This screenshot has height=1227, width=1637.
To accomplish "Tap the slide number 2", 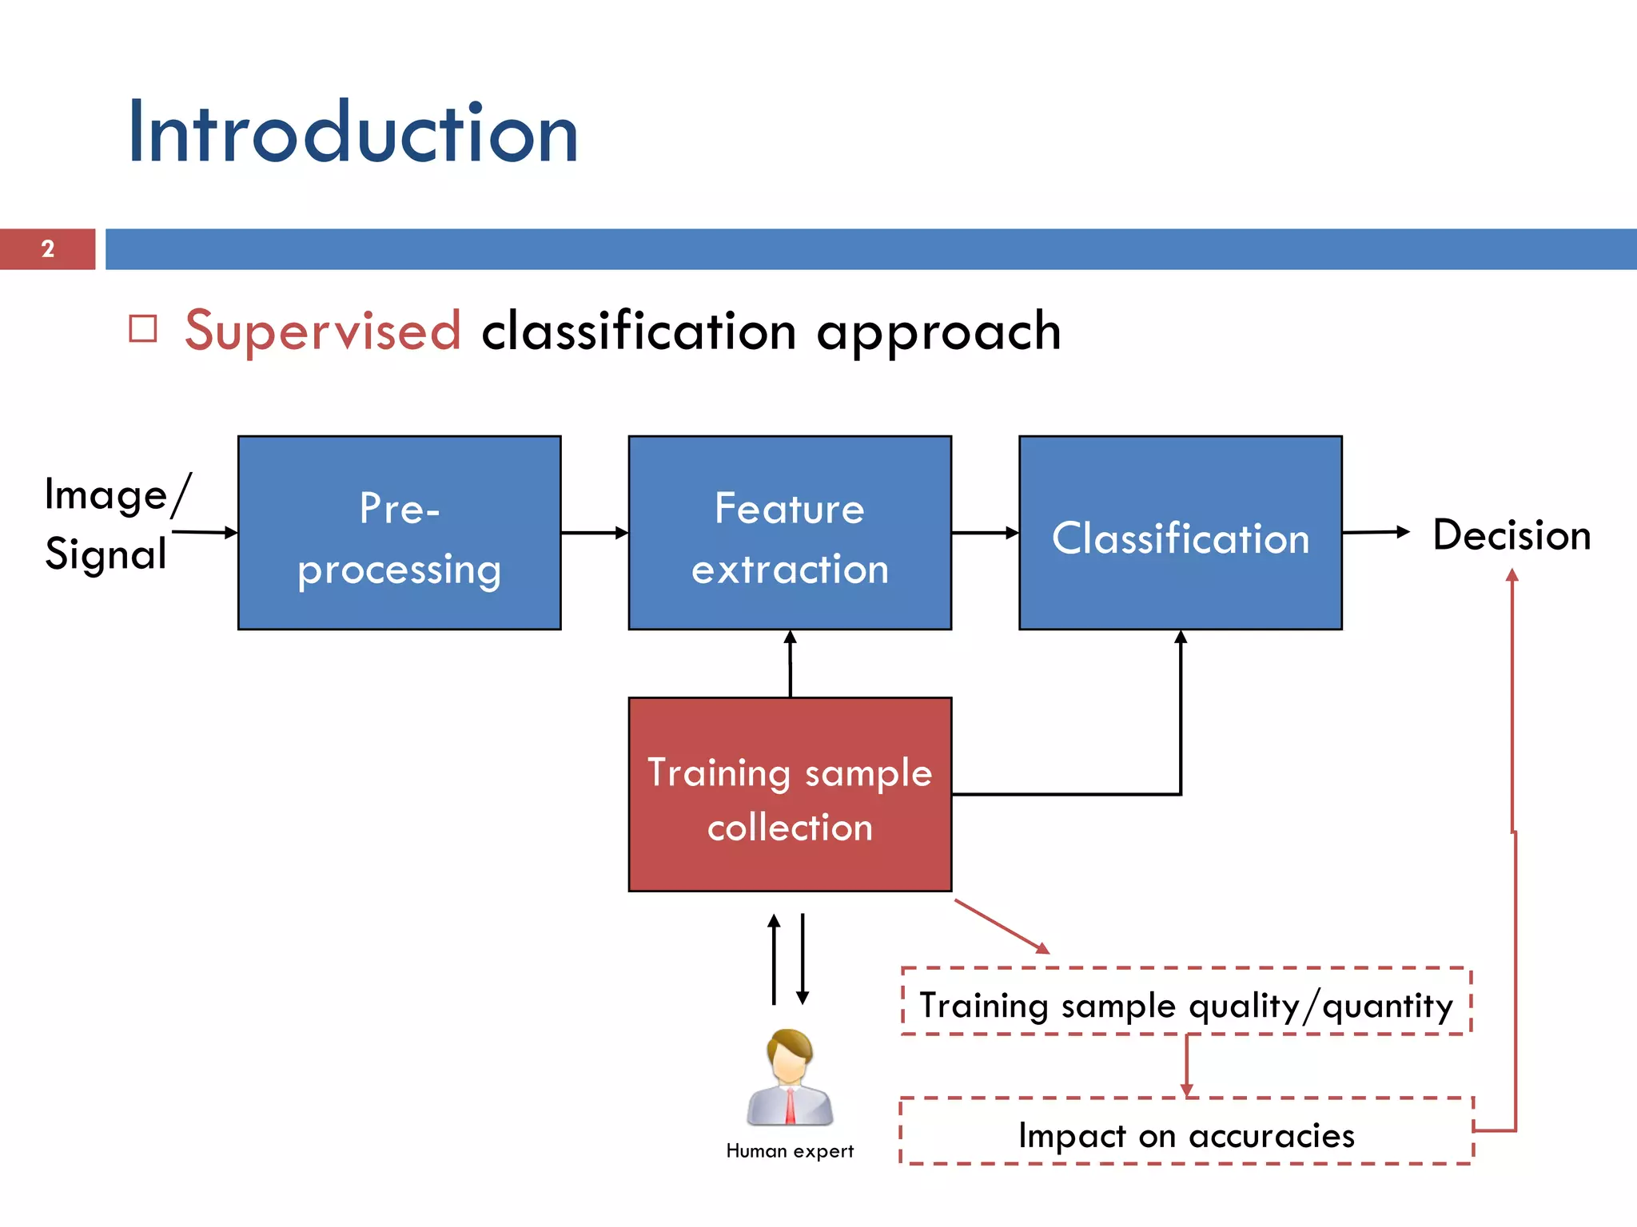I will pyautogui.click(x=48, y=249).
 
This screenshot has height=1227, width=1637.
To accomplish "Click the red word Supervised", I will pyautogui.click(x=323, y=331).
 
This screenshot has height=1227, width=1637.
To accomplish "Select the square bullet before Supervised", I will pyautogui.click(x=143, y=329).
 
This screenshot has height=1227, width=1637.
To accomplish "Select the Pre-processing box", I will pyautogui.click(x=399, y=533).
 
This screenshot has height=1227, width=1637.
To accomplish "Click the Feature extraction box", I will pyautogui.click(x=790, y=533).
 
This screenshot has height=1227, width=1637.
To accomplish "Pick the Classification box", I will pyautogui.click(x=1180, y=533).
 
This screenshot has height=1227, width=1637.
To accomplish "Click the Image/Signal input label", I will pyautogui.click(x=108, y=524).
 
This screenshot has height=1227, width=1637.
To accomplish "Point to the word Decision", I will pyautogui.click(x=1511, y=535).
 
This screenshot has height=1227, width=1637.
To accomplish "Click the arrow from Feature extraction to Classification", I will pyautogui.click(x=985, y=533).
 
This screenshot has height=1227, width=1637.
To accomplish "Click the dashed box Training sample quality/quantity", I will pyautogui.click(x=1186, y=1003).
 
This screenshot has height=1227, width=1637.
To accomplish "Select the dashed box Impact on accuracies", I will pyautogui.click(x=1186, y=1133).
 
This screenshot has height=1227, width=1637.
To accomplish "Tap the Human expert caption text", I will pyautogui.click(x=790, y=1151).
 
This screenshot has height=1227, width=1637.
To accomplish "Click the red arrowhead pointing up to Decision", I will pyautogui.click(x=1512, y=574).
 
